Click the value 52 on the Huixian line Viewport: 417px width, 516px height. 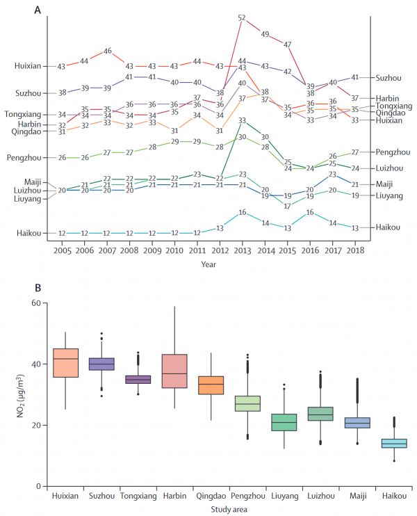(243, 17)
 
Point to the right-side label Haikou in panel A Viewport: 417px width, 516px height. (388, 227)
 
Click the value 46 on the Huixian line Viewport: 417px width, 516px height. (108, 51)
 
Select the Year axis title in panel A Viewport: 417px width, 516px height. (209, 264)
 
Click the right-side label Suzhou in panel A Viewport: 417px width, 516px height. (388, 77)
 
